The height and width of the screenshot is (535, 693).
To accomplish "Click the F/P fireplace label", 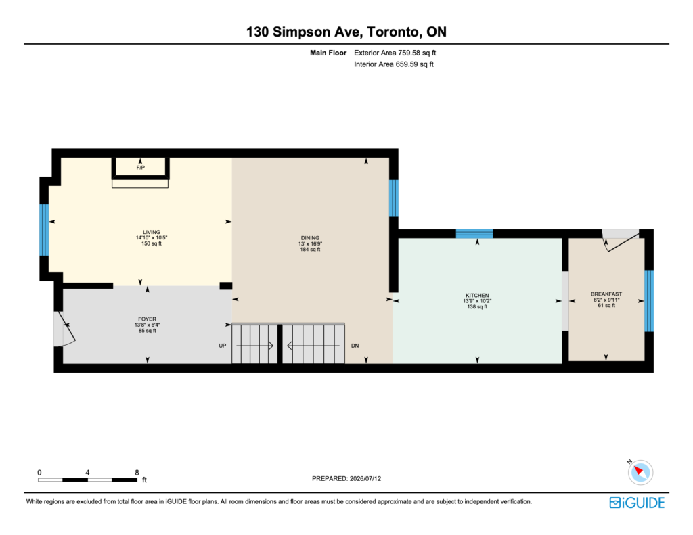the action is tap(141, 168).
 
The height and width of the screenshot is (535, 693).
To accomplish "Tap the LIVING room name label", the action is tap(151, 232).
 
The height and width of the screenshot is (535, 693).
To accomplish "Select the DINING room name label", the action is tap(310, 237).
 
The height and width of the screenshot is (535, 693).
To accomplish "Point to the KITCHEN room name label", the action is tap(477, 295).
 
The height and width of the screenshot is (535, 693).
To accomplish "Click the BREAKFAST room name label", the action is tap(606, 294).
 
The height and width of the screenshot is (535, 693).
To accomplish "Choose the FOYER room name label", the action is tap(147, 319).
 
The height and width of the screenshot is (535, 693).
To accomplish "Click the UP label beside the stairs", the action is tap(222, 346).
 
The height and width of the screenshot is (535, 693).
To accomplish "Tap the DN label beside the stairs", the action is tap(355, 346).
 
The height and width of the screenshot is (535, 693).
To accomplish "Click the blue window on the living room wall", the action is tap(44, 230).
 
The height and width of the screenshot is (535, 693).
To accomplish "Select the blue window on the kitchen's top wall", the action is tap(474, 234).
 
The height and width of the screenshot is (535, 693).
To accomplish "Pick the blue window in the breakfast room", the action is tap(649, 301).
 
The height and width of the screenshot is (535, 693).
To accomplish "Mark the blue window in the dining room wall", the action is tap(393, 198).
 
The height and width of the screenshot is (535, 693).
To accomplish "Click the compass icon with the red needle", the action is tap(640, 472).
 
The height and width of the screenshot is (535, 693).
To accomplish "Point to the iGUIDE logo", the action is tap(637, 503).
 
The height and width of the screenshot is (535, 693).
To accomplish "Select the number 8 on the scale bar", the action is tap(137, 472).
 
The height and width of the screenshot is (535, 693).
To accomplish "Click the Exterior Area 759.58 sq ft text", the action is tap(395, 53).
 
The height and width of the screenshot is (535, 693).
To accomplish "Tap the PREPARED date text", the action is tap(346, 478).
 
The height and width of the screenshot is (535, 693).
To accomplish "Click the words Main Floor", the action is tap(328, 53).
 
